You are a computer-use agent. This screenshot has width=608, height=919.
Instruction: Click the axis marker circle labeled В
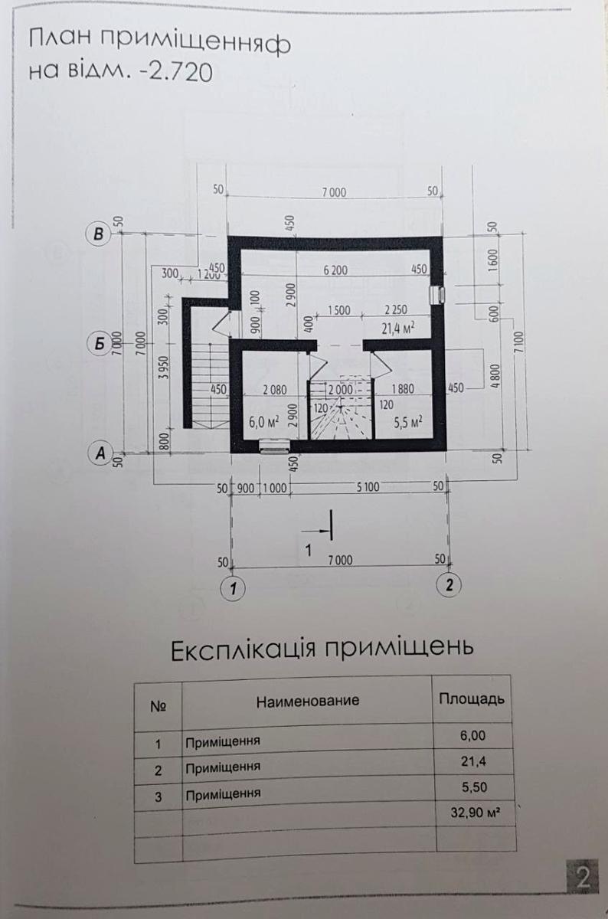click(x=97, y=234)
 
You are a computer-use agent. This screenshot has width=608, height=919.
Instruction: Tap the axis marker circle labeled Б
click(x=97, y=344)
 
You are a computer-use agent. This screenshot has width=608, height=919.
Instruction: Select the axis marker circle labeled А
click(x=97, y=453)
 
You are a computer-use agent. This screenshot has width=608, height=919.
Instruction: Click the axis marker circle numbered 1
click(x=232, y=588)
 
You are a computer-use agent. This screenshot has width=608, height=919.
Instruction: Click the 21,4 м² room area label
click(x=398, y=329)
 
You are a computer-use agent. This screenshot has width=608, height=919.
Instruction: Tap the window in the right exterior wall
click(x=438, y=296)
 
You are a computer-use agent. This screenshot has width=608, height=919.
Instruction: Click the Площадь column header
click(x=470, y=699)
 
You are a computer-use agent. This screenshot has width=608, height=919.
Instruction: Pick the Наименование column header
click(x=307, y=700)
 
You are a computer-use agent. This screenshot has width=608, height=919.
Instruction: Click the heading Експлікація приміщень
click(x=322, y=648)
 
